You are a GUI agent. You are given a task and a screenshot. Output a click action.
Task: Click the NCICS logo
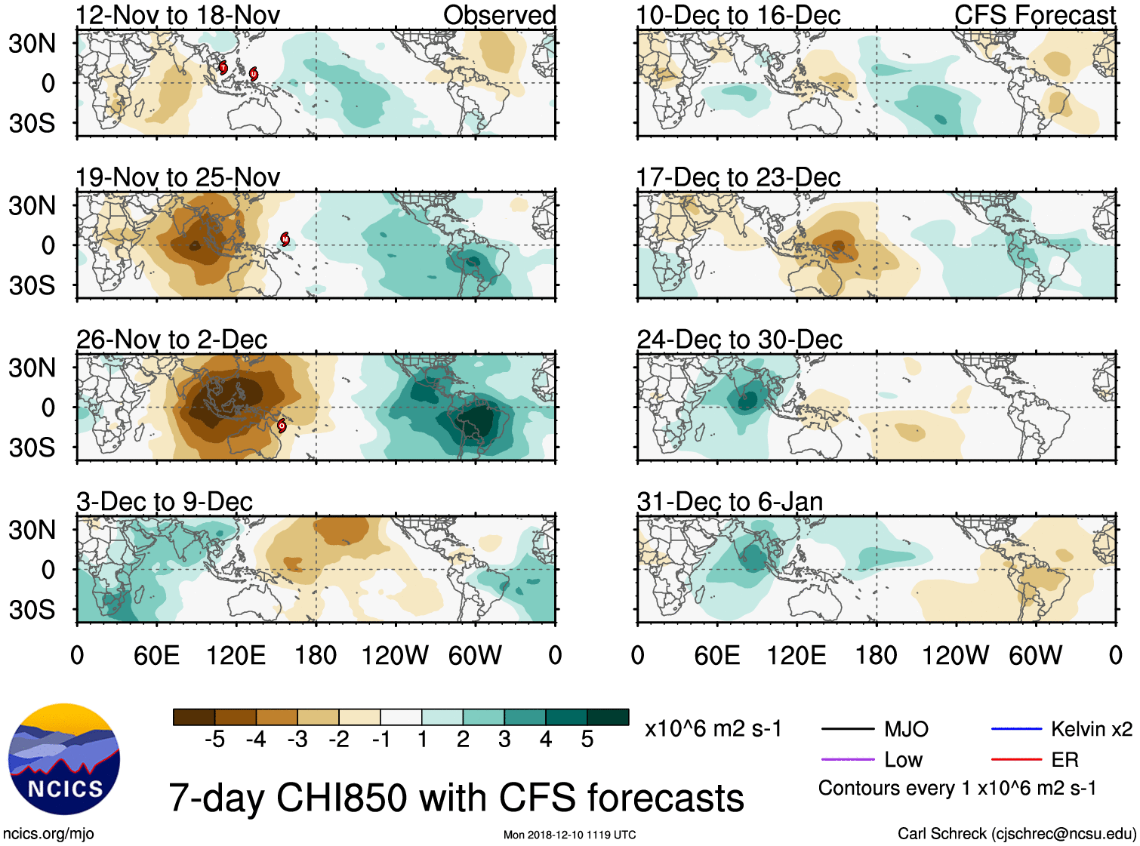(64, 758)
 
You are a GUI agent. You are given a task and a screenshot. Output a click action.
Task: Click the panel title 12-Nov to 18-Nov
(177, 15)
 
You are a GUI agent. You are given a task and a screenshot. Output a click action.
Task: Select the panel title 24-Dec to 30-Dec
(739, 340)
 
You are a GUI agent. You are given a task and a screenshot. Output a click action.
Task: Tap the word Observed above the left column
(499, 15)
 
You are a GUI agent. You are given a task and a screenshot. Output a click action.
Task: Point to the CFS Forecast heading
(1034, 15)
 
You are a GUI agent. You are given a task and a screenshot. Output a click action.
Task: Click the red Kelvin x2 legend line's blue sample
(1016, 729)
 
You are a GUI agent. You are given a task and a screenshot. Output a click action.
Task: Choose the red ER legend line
(1016, 759)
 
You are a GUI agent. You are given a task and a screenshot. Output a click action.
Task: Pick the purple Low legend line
(847, 759)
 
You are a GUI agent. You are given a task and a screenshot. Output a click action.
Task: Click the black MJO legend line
(847, 729)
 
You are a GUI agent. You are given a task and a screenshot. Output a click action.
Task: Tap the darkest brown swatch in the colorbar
(194, 717)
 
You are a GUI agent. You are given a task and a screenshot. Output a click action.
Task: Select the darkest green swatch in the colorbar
(608, 717)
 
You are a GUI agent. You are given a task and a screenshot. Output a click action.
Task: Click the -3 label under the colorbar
(297, 740)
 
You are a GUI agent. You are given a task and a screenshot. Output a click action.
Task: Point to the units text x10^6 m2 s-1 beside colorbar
(713, 729)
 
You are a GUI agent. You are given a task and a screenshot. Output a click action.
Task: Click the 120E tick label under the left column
(236, 655)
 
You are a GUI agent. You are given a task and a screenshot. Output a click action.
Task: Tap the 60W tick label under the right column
(1035, 655)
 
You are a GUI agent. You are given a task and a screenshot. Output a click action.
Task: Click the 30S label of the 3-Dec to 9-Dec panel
(32, 609)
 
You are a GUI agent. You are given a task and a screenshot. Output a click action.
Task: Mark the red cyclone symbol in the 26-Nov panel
(282, 426)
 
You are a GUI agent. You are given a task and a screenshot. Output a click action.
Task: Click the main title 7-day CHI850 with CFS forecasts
(456, 798)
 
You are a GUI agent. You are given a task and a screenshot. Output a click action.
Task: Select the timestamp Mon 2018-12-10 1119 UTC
(569, 835)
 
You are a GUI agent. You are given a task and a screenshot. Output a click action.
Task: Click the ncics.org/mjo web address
(48, 834)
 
